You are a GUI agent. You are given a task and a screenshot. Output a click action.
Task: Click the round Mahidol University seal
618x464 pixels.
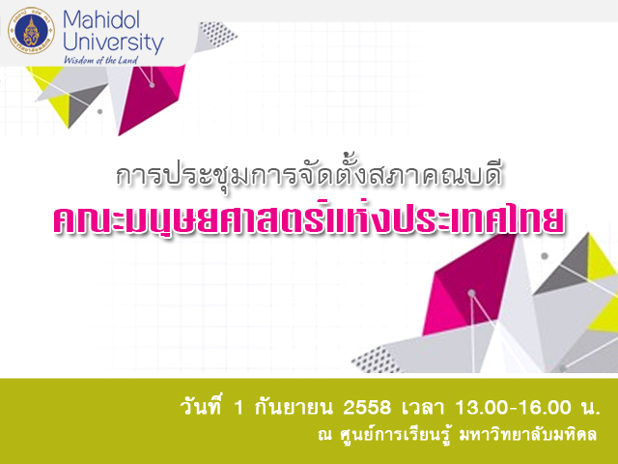[31, 31]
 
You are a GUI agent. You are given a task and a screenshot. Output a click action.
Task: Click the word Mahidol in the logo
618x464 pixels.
[101, 19]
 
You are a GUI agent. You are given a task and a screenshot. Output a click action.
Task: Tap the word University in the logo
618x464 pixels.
[113, 43]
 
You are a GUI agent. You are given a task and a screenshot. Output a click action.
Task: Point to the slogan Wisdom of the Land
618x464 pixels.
[100, 60]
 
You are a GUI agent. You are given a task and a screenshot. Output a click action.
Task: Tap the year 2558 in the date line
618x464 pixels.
[367, 408]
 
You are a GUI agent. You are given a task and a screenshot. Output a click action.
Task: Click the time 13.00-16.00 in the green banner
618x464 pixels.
[513, 408]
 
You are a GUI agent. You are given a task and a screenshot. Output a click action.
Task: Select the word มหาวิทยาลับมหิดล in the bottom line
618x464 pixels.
[528, 434]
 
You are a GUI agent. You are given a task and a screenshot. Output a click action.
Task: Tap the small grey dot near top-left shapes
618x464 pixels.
[99, 112]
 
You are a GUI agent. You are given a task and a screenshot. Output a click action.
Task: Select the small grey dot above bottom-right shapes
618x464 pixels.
[545, 255]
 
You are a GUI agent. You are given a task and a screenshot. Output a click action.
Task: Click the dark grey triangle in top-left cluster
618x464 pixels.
[81, 104]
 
